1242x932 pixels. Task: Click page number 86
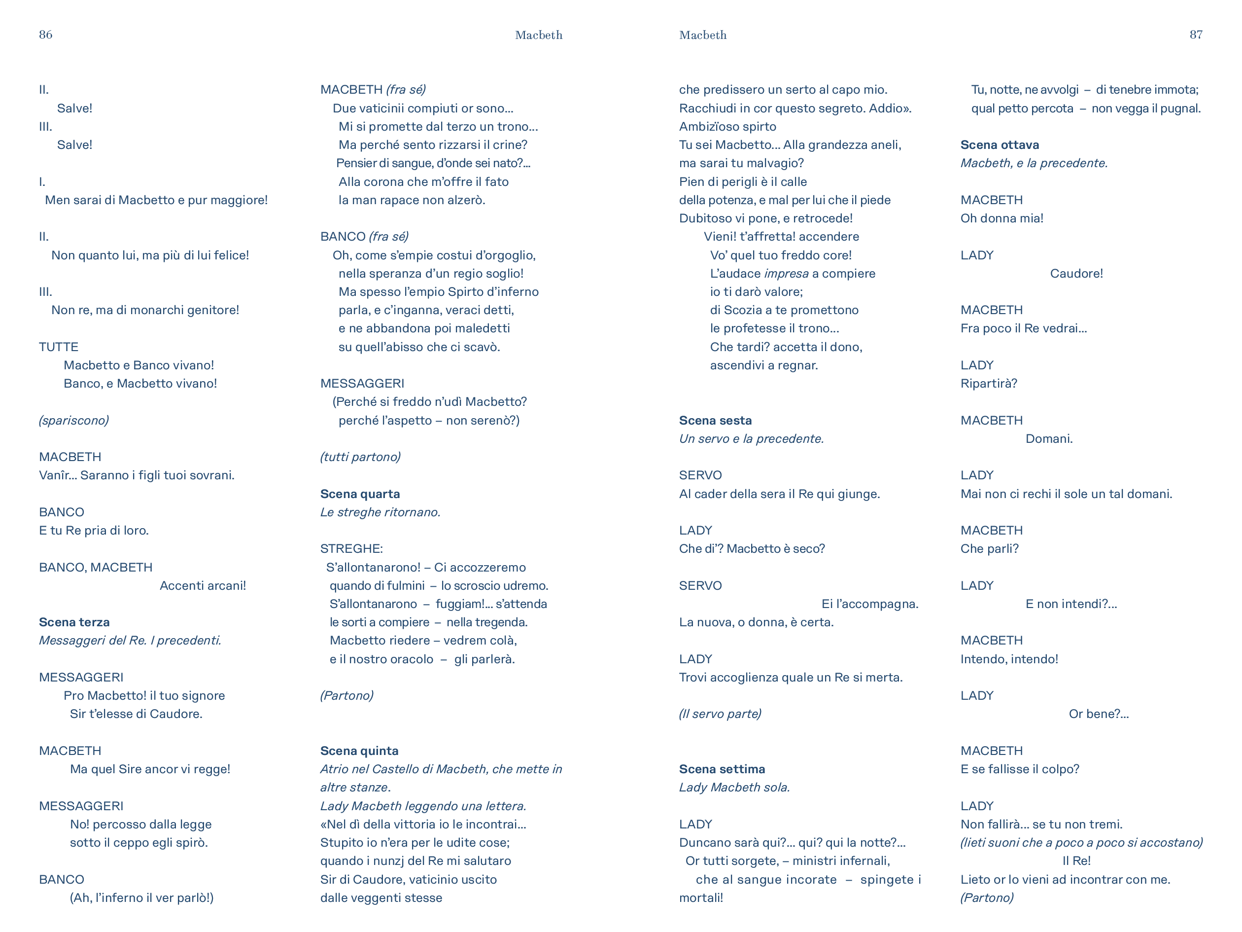45,34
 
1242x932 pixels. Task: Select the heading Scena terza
74,622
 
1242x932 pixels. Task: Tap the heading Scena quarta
360,494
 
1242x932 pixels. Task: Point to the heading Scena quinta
359,751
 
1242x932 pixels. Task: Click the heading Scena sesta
715,420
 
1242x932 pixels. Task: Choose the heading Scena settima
722,769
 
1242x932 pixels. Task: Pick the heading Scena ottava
1000,144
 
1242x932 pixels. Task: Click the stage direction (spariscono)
73,420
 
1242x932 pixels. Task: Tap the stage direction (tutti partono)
360,457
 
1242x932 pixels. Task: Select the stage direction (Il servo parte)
720,714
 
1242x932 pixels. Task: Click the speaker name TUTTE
58,347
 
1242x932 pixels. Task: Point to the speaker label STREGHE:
351,548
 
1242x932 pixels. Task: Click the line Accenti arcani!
203,585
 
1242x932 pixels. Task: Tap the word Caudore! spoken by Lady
1076,274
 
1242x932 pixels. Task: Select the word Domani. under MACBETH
1049,439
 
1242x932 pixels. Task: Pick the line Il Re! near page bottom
1076,860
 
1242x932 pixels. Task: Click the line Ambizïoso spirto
727,126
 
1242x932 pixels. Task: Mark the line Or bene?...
1098,714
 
